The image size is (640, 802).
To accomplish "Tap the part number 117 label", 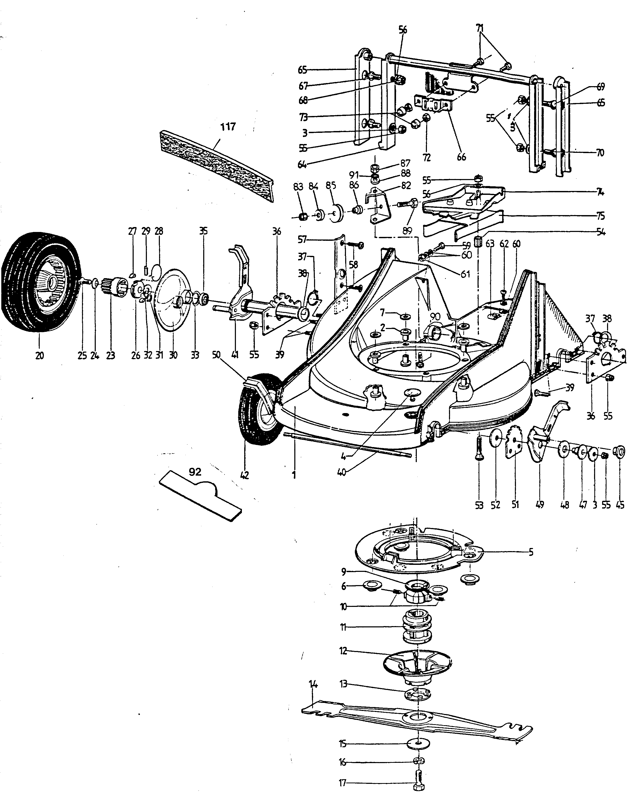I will [228, 127].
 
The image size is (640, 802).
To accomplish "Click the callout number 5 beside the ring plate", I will [531, 552].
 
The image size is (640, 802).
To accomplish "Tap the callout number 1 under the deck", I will [294, 475].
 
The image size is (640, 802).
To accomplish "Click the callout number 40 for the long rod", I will [342, 472].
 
